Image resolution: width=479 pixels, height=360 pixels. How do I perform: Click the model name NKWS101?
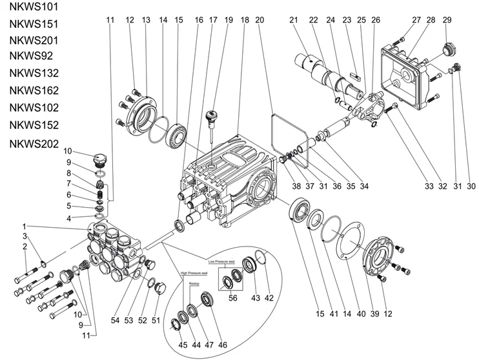click(x=33, y=8)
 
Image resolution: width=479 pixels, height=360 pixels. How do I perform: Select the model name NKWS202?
click(x=33, y=143)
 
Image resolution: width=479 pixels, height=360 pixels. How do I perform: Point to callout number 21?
click(x=294, y=20)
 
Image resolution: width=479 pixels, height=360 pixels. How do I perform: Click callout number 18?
click(x=244, y=20)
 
